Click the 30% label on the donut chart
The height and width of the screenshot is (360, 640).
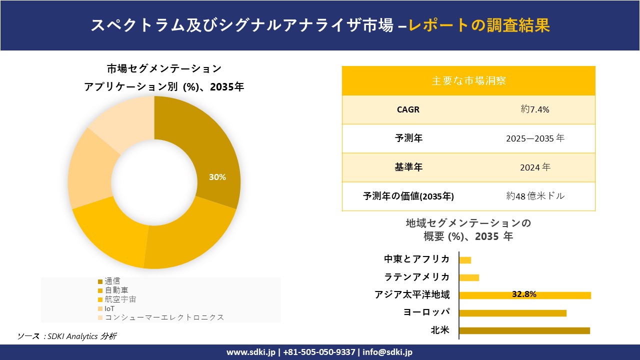coord(217,177)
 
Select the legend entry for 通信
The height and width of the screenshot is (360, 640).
coord(112,281)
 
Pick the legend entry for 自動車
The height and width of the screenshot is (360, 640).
coord(116,290)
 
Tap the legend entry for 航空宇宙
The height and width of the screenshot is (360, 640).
coord(120,299)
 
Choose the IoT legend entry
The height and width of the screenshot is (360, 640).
coord(109,308)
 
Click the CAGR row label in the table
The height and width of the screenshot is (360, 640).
coord(408,109)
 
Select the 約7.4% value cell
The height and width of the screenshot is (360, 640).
coord(534,109)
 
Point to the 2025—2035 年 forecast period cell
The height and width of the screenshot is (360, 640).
coord(534,138)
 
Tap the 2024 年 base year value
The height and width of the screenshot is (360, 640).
coord(534,167)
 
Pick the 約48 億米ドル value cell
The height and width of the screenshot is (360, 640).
coord(534,196)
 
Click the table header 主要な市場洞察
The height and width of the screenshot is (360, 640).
coord(468,80)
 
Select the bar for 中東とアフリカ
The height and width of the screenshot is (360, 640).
coord(465,260)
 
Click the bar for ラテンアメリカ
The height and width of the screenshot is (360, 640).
coord(469,277)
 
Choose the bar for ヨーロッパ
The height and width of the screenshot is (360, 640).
coord(512,313)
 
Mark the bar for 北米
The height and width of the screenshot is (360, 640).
coord(524,330)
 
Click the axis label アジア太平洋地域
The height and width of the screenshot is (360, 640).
coord(412,295)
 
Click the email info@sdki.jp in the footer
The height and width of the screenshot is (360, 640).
coord(387,352)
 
